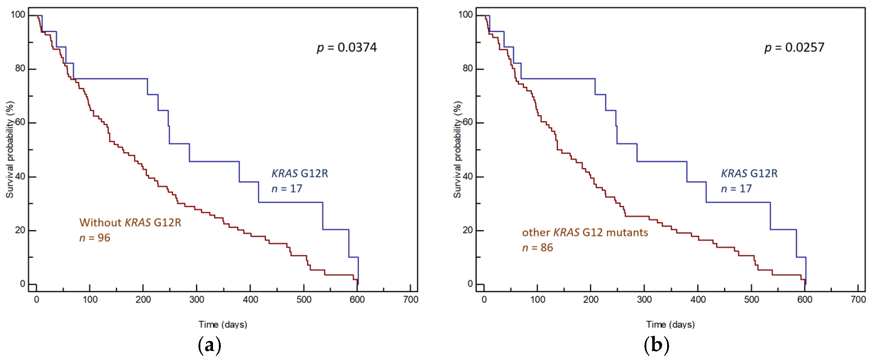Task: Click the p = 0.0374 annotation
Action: (346, 47)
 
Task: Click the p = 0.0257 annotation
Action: (794, 47)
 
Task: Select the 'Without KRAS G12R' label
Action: (130, 222)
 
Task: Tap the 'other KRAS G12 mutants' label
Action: (585, 232)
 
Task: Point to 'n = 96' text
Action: (95, 238)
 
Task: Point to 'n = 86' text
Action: (537, 248)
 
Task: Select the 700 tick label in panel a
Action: (411, 299)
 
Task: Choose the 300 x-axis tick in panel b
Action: (644, 299)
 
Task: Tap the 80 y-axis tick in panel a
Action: (20, 69)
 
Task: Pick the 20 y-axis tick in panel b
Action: (467, 230)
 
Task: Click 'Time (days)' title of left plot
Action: (223, 324)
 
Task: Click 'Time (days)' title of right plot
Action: (670, 324)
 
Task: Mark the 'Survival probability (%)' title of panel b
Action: (457, 149)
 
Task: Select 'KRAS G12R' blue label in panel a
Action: (299, 173)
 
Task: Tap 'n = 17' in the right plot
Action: (736, 189)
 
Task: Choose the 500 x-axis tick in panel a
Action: (304, 299)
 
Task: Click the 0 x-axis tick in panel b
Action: (484, 299)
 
